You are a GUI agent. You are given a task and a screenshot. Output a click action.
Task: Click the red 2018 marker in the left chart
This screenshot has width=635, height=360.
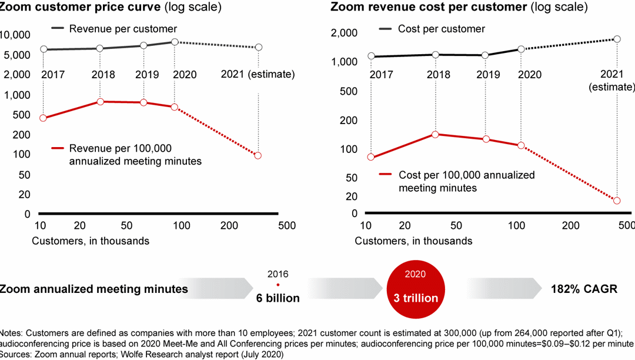coord(100,102)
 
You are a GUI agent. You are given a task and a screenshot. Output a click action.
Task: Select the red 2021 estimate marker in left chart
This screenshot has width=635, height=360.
coord(258,155)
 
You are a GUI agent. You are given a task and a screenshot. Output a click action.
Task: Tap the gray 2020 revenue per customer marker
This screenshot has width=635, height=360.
coord(175,42)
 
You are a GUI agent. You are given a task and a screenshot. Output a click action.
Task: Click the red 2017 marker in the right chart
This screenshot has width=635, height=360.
coord(370,157)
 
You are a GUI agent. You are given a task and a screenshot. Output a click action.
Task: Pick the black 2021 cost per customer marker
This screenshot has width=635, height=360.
coord(617,39)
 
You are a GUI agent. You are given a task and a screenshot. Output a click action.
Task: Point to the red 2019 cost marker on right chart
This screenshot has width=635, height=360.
coord(486,139)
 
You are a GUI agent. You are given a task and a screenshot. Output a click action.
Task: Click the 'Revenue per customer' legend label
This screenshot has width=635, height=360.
coord(123,29)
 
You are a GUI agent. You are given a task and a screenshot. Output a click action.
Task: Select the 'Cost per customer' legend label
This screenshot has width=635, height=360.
coord(441,29)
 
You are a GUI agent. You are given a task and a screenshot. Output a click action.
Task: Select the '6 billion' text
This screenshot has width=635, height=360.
coord(278,298)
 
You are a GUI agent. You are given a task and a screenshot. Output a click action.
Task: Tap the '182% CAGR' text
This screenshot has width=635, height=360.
coord(584,289)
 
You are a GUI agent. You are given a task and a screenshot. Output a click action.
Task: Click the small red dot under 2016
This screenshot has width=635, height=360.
coord(278,285)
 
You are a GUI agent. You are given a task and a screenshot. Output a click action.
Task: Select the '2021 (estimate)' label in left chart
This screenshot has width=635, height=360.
coord(258,75)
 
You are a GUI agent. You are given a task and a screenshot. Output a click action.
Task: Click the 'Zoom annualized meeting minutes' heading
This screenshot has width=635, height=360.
coord(94,289)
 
